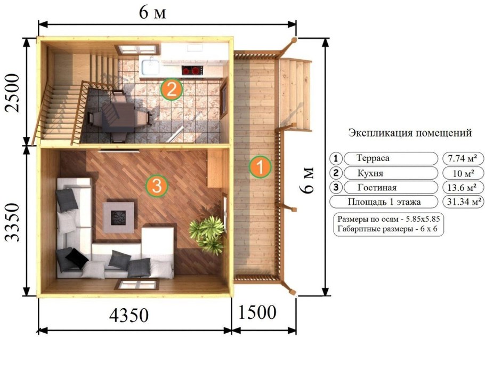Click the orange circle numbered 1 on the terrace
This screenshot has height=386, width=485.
260,166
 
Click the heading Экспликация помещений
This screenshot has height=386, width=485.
410,132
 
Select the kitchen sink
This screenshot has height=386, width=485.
149,67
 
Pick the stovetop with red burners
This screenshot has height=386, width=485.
192,69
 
